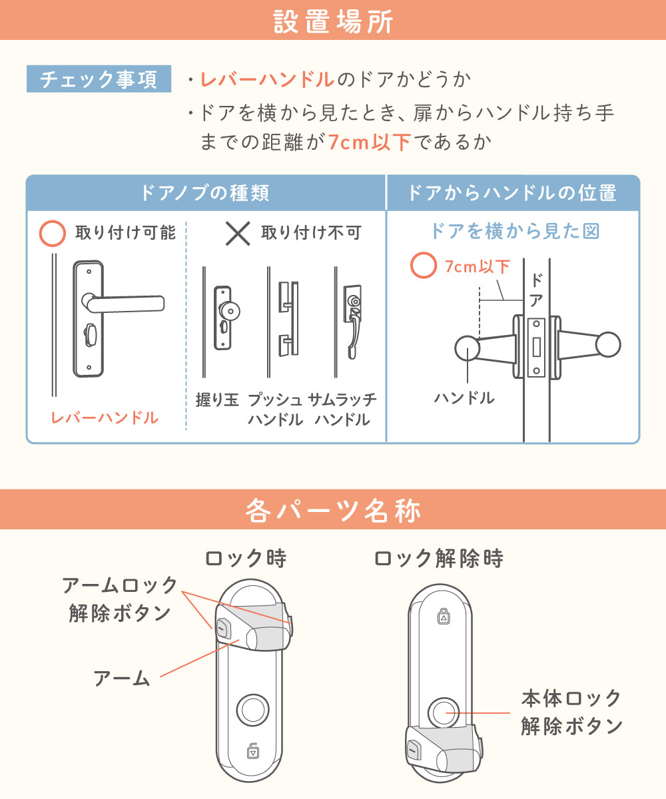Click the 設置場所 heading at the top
point(333,21)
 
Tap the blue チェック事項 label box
point(99,79)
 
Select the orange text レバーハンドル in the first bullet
point(268,80)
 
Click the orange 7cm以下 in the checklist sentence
point(370,142)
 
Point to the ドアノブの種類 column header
point(206,192)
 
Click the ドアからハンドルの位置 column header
point(513,192)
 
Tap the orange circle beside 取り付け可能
point(53,233)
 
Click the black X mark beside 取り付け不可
point(238,234)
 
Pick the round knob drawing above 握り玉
point(226,317)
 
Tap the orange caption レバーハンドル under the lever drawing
point(105,417)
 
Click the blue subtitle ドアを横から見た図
point(515,231)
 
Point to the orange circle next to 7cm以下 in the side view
point(424,265)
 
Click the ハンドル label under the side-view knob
point(464,398)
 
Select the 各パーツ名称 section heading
point(333,511)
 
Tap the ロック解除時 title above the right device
point(439,559)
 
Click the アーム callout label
point(122,678)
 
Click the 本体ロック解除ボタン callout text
point(571,712)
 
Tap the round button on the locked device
point(252,710)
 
